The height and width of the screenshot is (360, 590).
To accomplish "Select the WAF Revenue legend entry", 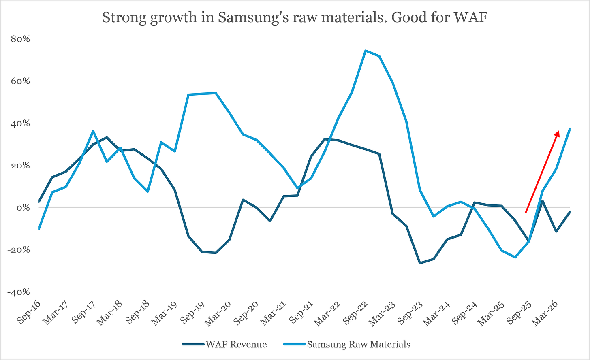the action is pyautogui.click(x=224, y=344).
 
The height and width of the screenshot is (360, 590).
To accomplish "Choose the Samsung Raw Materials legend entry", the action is pyautogui.click(x=347, y=344).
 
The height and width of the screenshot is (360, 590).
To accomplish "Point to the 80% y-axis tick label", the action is pyautogui.click(x=20, y=39).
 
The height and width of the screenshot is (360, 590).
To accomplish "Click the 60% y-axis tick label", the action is pyautogui.click(x=20, y=81).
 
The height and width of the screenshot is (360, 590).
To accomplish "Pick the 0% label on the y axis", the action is pyautogui.click(x=23, y=208).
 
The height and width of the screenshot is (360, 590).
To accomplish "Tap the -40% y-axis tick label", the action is pyautogui.click(x=19, y=292).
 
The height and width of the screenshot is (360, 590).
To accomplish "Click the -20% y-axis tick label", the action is pyautogui.click(x=19, y=250).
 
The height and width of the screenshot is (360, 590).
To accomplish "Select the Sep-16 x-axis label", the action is pyautogui.click(x=29, y=312).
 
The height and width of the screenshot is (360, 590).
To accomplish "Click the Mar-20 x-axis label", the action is pyautogui.click(x=218, y=313).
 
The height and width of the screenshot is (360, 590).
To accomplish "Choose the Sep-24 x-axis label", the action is pyautogui.click(x=464, y=312).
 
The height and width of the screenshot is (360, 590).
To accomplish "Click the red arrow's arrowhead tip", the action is pyautogui.click(x=559, y=130).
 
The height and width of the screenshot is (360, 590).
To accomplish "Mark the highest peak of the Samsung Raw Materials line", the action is pyautogui.click(x=366, y=51).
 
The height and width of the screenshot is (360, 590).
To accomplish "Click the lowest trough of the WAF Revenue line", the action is pyautogui.click(x=420, y=263).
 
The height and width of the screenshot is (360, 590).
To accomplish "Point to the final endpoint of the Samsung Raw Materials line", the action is pyautogui.click(x=570, y=129).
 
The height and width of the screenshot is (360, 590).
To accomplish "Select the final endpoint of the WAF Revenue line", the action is pyautogui.click(x=570, y=212).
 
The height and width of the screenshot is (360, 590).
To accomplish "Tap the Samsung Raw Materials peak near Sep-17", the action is pyautogui.click(x=93, y=131).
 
